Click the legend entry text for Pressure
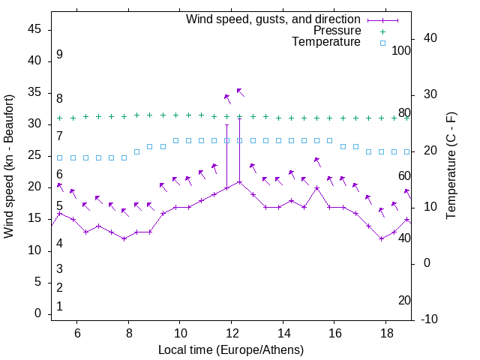pyautogui.click(x=337, y=31)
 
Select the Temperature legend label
pyautogui.click(x=326, y=42)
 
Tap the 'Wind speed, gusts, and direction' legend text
pyautogui.click(x=273, y=19)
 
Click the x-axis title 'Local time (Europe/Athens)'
pyautogui.click(x=231, y=350)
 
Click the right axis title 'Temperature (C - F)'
pyautogui.click(x=451, y=166)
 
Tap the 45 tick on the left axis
pyautogui.click(x=34, y=29)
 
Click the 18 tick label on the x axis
pyautogui.click(x=385, y=334)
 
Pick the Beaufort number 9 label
pyautogui.click(x=59, y=55)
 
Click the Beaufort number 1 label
pyautogui.click(x=59, y=306)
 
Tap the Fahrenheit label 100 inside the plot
pyautogui.click(x=402, y=50)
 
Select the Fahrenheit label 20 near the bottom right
pyautogui.click(x=404, y=300)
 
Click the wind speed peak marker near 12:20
pyautogui.click(x=239, y=181)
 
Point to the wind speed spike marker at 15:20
pyautogui.click(x=316, y=187)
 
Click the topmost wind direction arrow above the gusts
pyautogui.click(x=240, y=91)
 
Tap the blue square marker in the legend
pyautogui.click(x=382, y=43)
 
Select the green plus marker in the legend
pyautogui.click(x=382, y=31)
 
